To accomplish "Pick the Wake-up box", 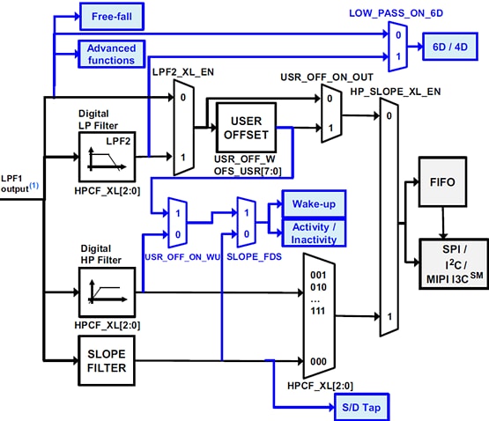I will click(x=314, y=203).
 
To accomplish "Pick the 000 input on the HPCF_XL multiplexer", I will click(x=319, y=360).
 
